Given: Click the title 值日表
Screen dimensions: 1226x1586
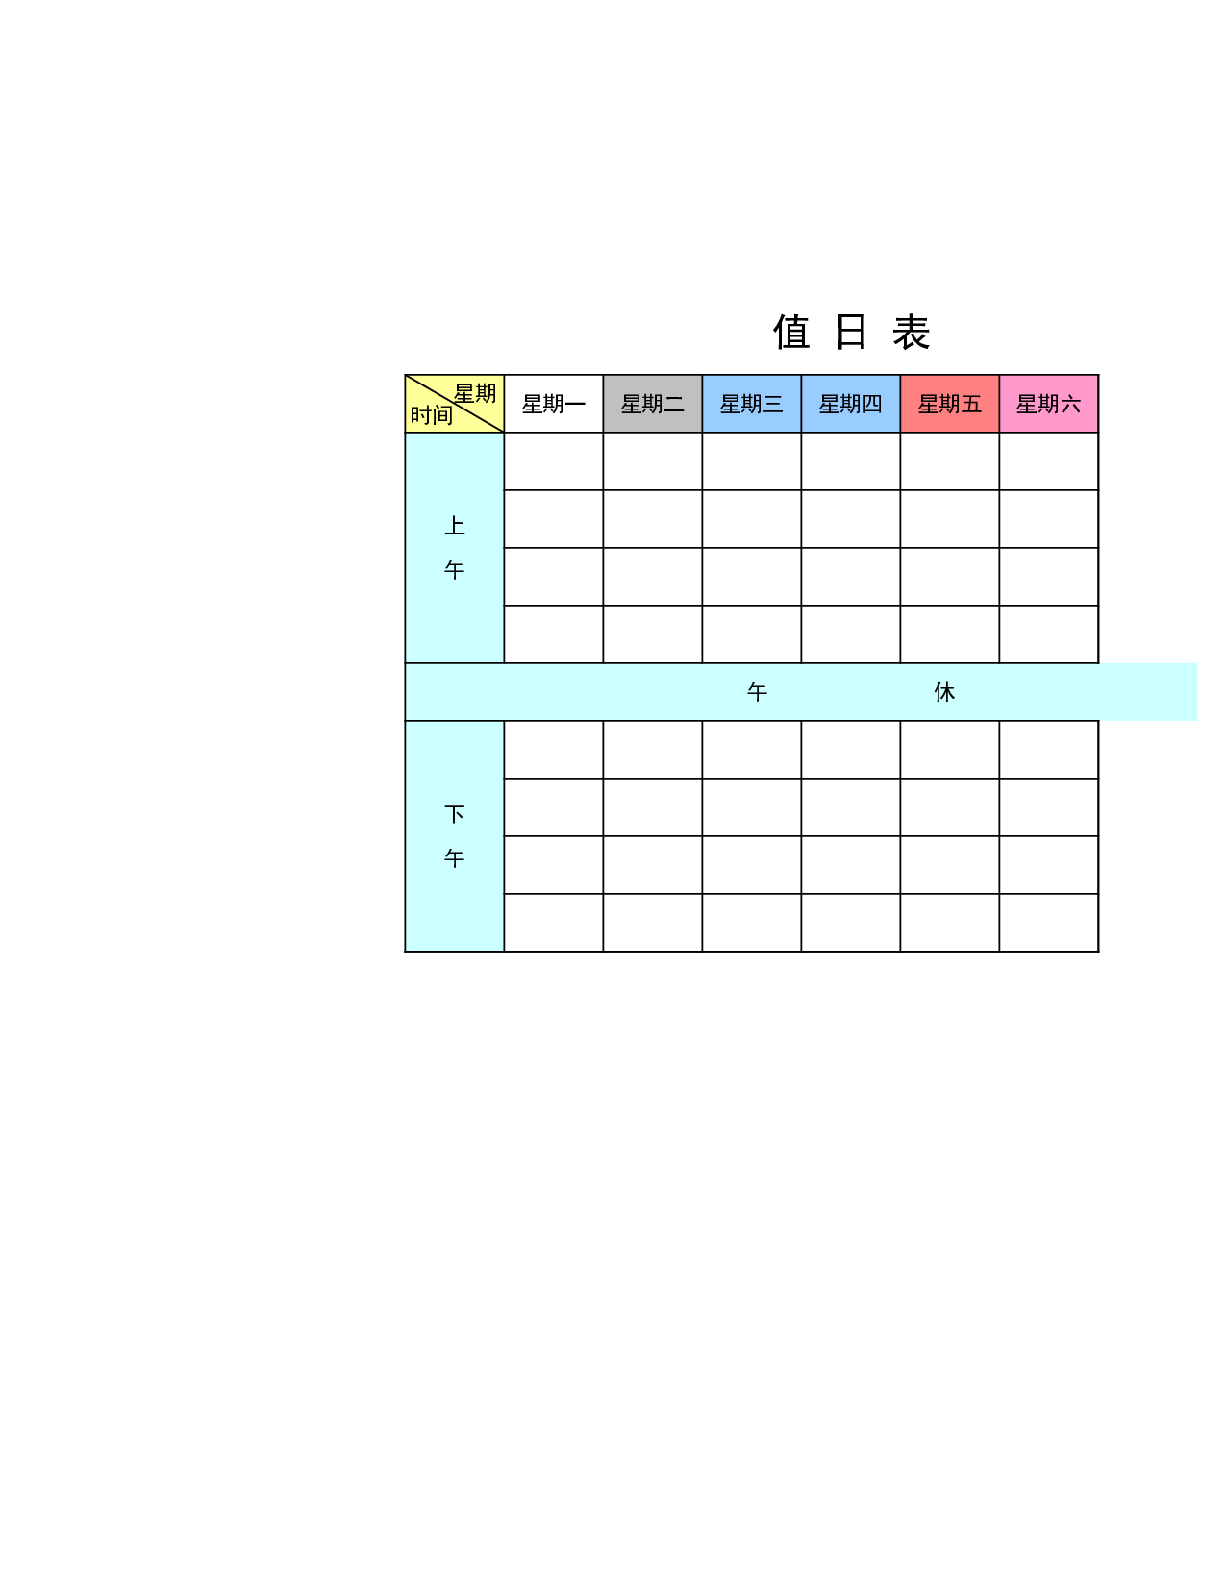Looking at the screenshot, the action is tap(851, 332).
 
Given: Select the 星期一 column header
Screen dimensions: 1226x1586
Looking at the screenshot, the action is tap(554, 404).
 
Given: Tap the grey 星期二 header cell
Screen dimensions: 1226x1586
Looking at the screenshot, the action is tap(653, 404).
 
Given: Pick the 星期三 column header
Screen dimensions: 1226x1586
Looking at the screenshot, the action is tap(751, 404).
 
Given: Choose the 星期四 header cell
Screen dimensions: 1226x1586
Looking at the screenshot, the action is tap(851, 404).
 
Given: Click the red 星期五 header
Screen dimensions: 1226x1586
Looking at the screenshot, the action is tap(949, 404).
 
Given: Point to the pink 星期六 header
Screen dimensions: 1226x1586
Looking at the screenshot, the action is tap(1048, 404).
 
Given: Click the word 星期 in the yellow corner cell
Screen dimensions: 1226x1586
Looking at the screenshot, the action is tap(475, 393).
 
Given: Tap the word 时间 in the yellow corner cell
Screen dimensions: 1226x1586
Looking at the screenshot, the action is tap(432, 415).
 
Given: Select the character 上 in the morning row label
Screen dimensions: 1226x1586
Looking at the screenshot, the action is tap(454, 526).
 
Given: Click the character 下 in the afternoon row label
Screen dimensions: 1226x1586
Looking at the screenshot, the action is tap(454, 814).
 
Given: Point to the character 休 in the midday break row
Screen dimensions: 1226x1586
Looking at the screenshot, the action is tap(944, 692).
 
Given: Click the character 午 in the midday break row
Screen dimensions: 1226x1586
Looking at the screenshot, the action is tap(757, 692).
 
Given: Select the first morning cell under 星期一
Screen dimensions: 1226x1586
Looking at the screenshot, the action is tap(554, 461).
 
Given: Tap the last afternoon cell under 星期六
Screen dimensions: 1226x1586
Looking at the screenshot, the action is tap(1048, 923).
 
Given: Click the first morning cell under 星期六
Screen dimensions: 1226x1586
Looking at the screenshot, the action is tap(1048, 461).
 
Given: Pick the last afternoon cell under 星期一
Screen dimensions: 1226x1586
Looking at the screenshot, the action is tap(554, 923).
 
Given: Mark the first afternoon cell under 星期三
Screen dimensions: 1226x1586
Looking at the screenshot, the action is tap(751, 750).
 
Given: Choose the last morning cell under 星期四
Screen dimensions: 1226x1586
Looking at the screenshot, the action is tap(851, 634).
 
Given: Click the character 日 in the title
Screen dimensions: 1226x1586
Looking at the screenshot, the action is tap(851, 332).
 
